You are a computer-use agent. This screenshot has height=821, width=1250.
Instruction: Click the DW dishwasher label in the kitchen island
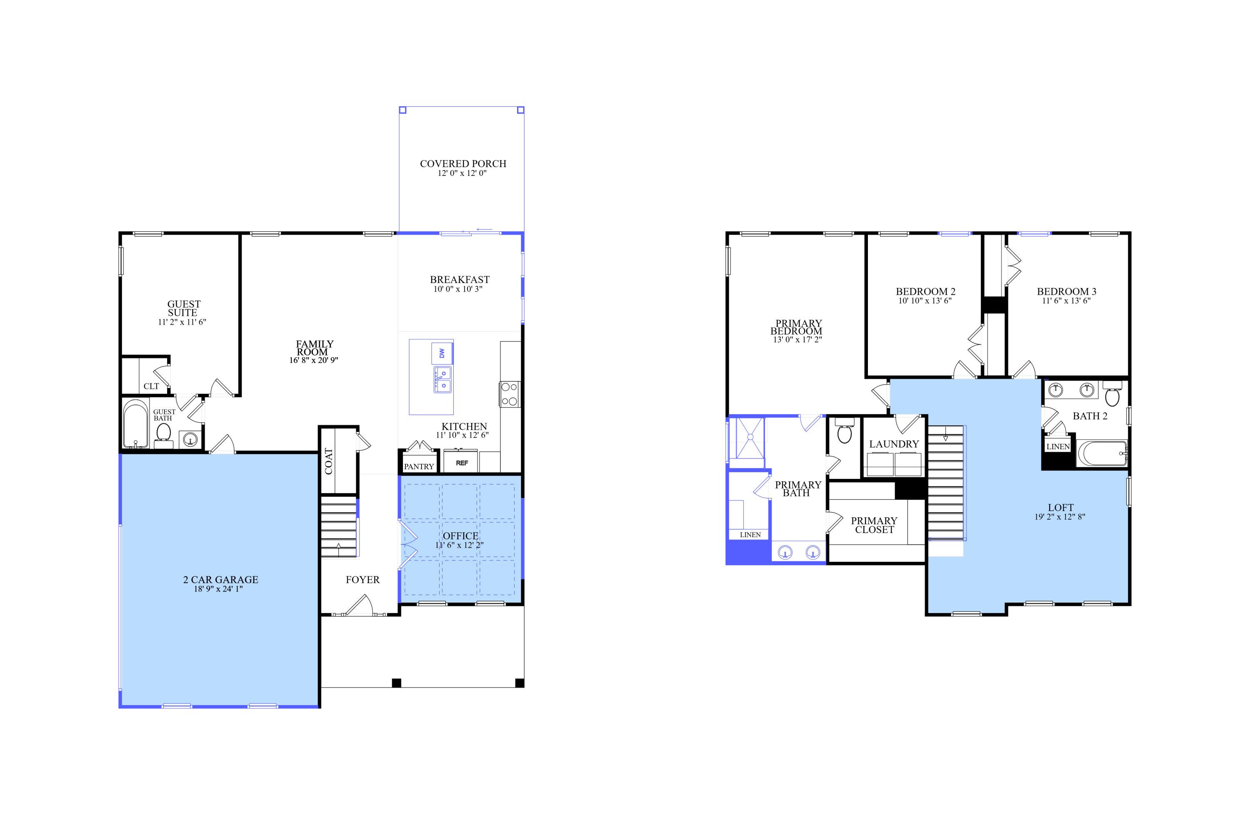click(442, 353)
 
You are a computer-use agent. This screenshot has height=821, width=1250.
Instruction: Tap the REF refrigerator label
click(462, 463)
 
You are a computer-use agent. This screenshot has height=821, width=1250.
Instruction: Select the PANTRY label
click(419, 466)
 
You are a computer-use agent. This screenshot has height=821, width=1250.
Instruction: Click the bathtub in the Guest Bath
click(135, 424)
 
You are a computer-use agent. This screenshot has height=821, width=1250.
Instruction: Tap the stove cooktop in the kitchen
click(509, 394)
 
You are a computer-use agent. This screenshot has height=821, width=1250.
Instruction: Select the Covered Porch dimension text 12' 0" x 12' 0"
click(462, 173)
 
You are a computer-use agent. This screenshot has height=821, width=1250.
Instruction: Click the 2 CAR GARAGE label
click(220, 579)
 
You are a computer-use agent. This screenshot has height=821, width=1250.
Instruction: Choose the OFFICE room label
click(460, 536)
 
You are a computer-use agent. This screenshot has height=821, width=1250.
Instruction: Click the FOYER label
click(362, 579)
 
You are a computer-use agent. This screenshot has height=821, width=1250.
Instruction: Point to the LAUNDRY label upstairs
click(894, 444)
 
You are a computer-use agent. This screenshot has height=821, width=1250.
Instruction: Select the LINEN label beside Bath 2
click(1058, 446)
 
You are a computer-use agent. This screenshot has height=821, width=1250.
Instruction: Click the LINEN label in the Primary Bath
click(750, 535)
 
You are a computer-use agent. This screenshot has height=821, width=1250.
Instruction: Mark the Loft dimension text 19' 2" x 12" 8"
click(1060, 517)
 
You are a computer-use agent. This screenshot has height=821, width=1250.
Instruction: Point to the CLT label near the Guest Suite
click(151, 386)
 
